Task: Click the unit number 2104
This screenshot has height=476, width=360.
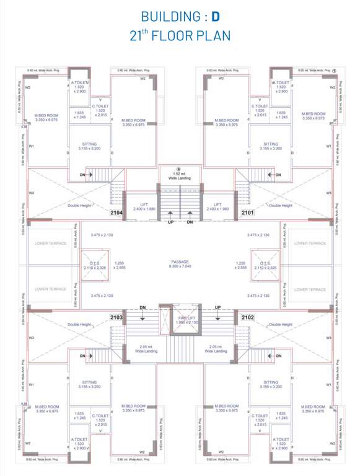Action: (x=116, y=213)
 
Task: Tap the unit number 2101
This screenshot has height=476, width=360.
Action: (x=248, y=213)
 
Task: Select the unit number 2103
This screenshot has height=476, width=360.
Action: (x=116, y=317)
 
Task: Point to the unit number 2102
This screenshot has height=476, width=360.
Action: (x=248, y=317)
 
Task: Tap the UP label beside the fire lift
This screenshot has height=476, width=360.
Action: (x=217, y=307)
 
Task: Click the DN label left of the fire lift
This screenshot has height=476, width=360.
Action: (x=143, y=307)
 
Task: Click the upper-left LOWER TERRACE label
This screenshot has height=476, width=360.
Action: (x=50, y=244)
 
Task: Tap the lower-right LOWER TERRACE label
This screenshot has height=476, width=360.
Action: (x=309, y=289)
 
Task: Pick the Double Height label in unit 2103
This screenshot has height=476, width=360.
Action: (x=80, y=325)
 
